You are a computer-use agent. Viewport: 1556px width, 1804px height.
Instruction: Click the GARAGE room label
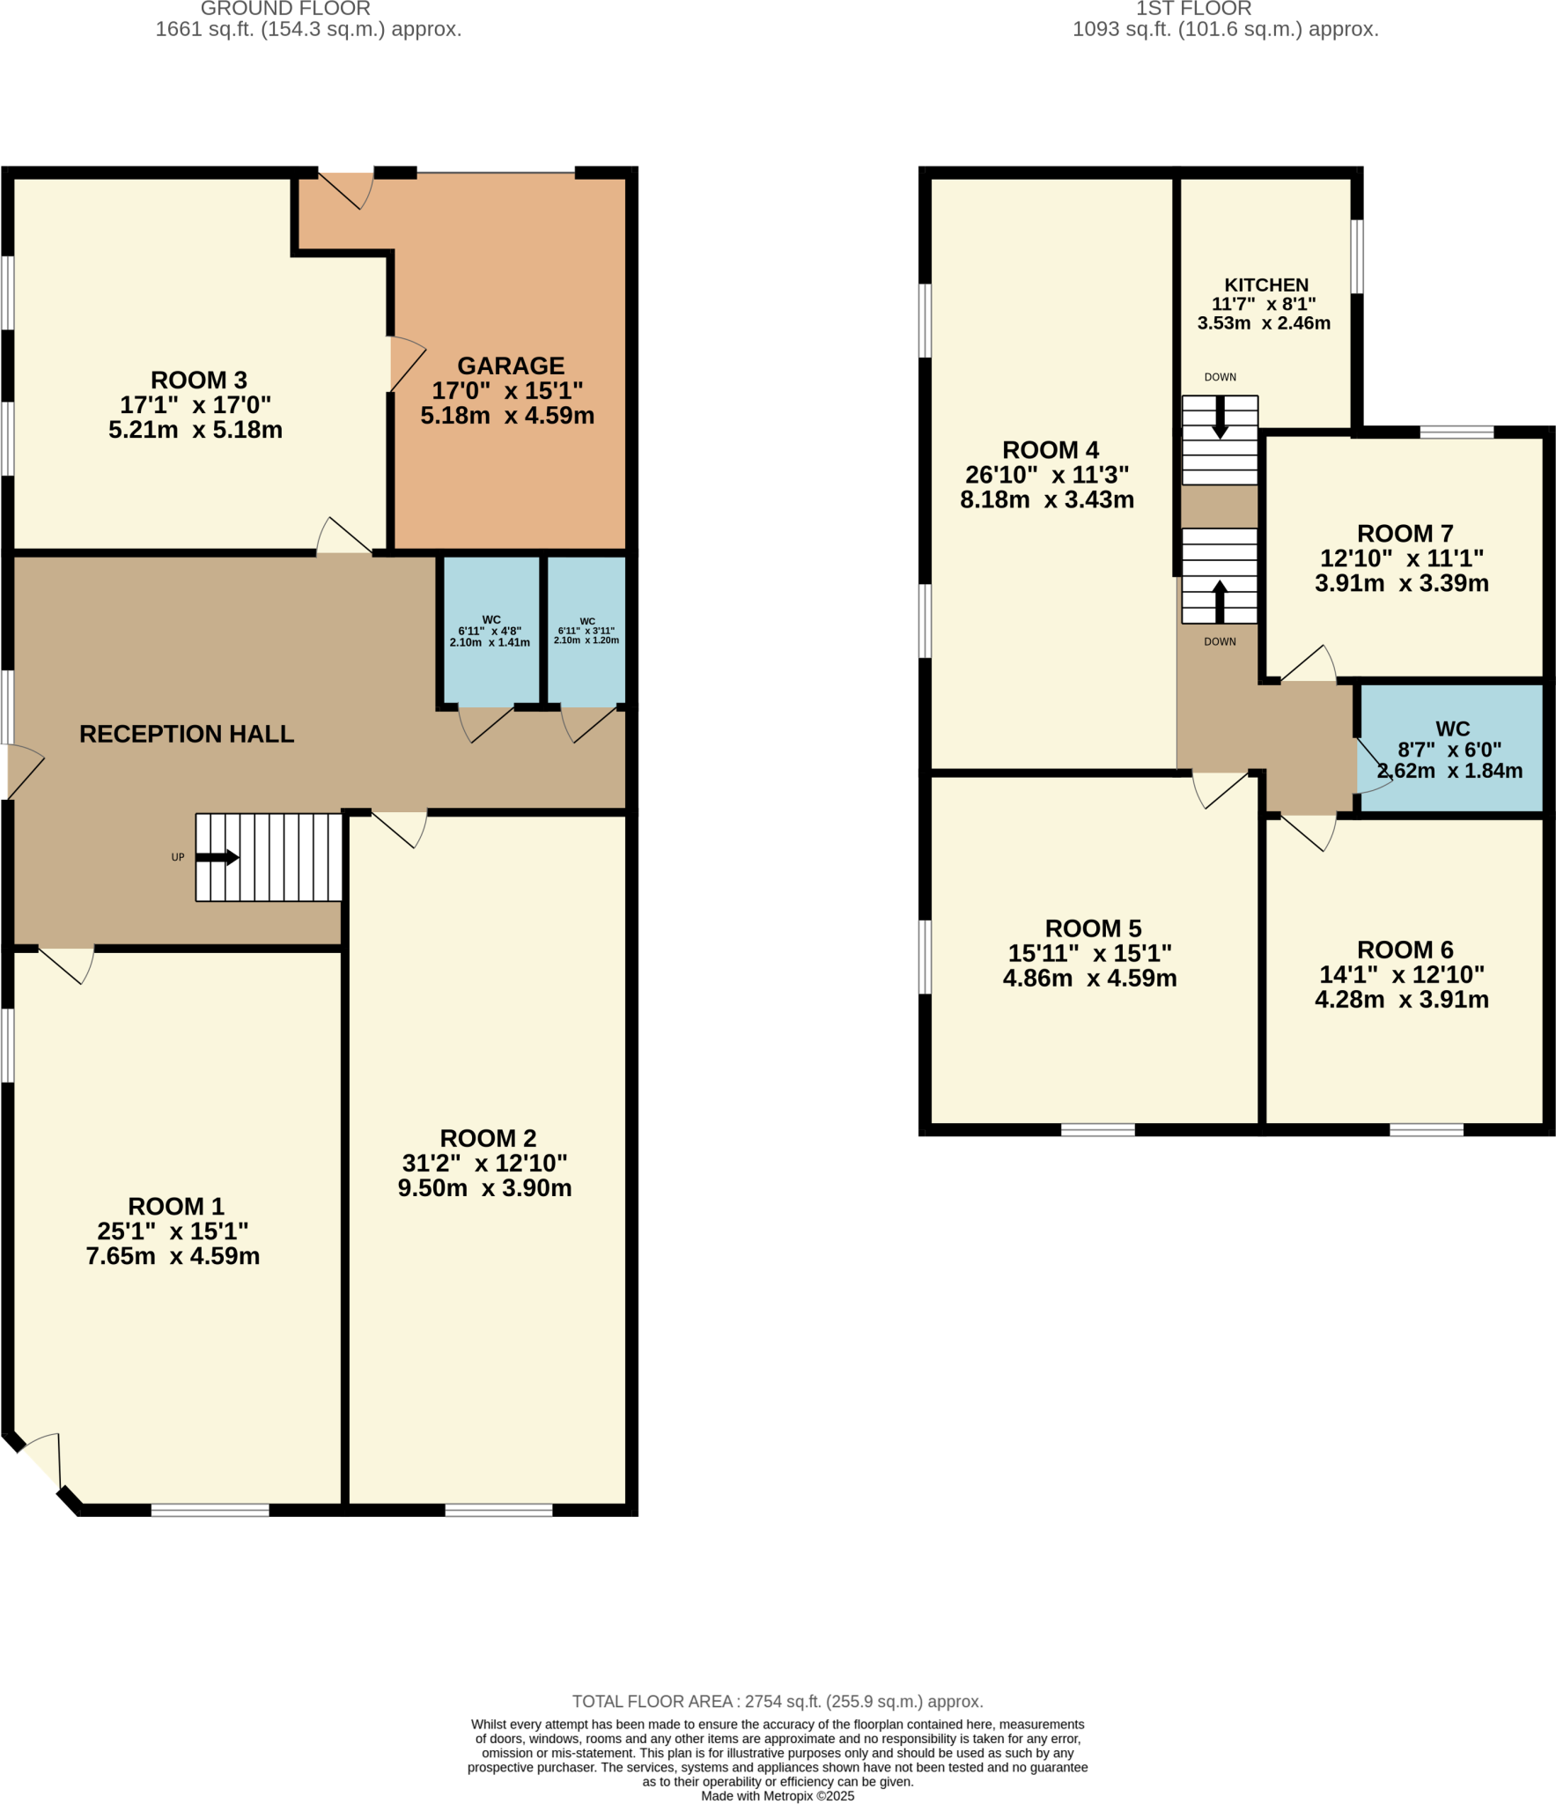tap(510, 366)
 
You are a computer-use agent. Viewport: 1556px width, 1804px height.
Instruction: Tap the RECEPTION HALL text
tap(187, 734)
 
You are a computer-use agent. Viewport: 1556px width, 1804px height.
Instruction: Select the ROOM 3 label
tap(198, 380)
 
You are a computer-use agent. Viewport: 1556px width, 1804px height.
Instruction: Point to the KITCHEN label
tap(1265, 285)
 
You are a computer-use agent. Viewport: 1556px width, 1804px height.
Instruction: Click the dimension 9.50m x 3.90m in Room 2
tap(484, 1188)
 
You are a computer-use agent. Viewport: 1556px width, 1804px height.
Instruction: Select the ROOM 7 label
tap(1405, 533)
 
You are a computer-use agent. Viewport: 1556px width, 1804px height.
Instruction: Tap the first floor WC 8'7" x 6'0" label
tap(1451, 750)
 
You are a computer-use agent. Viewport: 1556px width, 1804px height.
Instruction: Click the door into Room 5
tap(1222, 789)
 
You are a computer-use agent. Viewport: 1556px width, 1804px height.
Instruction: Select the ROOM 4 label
tap(1050, 449)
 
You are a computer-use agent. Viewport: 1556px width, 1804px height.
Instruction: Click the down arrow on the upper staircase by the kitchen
tap(1220, 418)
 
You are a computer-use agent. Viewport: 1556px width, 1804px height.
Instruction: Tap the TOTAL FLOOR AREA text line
tap(778, 1701)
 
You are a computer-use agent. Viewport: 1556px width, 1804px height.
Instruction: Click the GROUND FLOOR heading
tap(285, 9)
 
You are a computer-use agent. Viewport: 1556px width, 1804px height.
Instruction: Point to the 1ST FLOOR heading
tap(1193, 9)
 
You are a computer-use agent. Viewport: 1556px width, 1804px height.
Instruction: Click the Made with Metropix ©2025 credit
tap(778, 1796)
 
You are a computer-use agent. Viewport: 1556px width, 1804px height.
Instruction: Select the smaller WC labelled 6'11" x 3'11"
tap(586, 631)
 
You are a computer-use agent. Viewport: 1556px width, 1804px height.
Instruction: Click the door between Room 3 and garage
tap(407, 364)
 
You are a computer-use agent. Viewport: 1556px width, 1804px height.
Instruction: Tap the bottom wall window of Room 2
tap(498, 1511)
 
